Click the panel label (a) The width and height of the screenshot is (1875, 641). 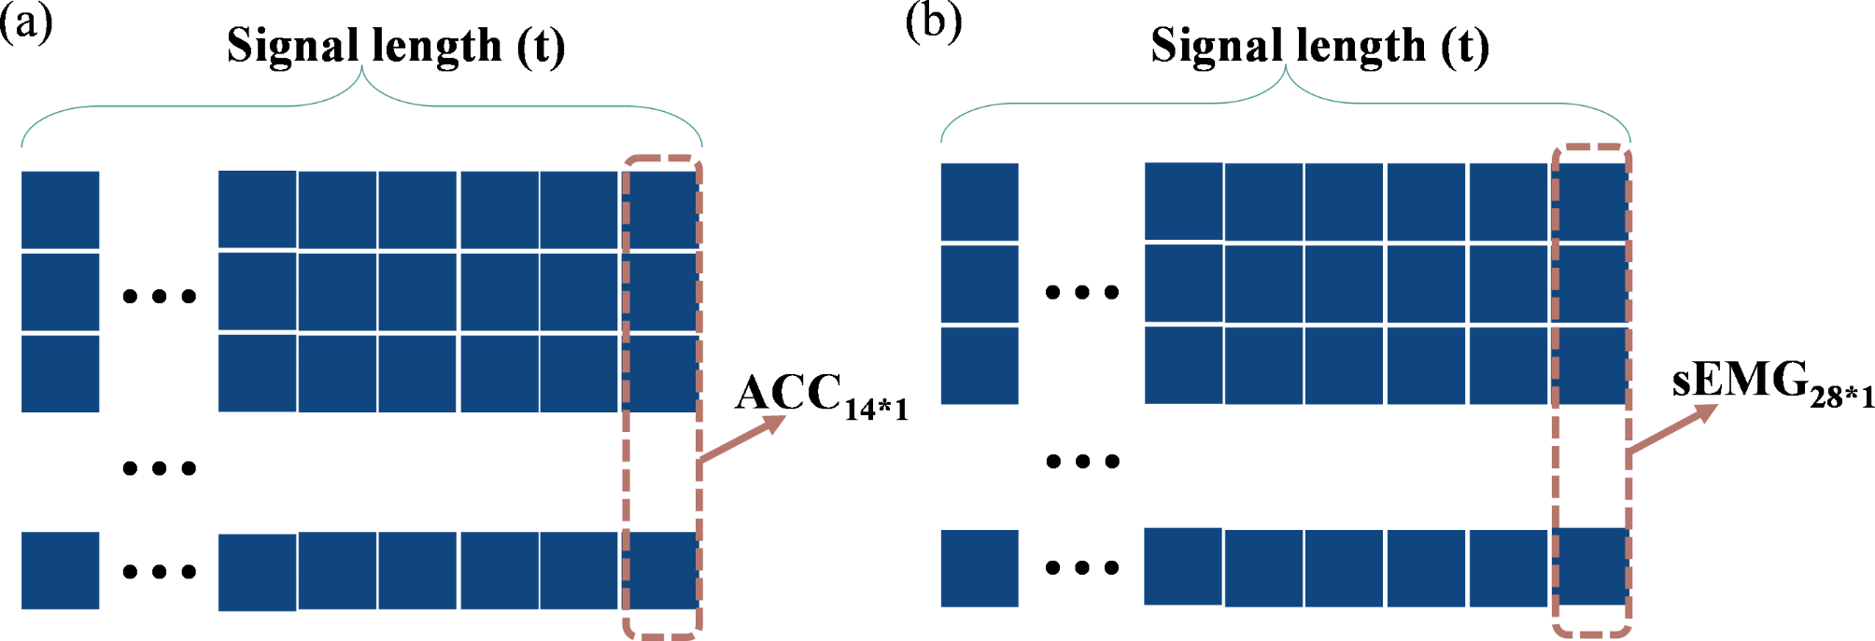pyautogui.click(x=25, y=22)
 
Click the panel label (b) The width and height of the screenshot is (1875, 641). pyautogui.click(x=933, y=22)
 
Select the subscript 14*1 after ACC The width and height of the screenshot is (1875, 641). pyautogui.click(x=876, y=409)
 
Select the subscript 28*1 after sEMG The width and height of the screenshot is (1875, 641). pyautogui.click(x=1841, y=397)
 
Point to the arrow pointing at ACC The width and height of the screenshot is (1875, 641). pyautogui.click(x=742, y=439)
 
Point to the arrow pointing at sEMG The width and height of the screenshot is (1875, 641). pyautogui.click(x=1671, y=429)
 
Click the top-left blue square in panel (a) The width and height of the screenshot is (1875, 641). pyautogui.click(x=60, y=210)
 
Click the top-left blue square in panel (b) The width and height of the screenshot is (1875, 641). pyautogui.click(x=979, y=202)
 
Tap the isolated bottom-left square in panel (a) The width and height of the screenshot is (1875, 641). pyautogui.click(x=60, y=570)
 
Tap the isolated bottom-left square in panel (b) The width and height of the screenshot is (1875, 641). pyautogui.click(x=979, y=567)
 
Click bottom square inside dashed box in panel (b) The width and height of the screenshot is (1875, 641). pyautogui.click(x=1591, y=565)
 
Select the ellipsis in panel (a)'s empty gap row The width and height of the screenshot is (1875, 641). pyautogui.click(x=160, y=467)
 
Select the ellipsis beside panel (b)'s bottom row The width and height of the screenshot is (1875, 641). pyautogui.click(x=1082, y=567)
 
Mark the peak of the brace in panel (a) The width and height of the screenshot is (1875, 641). pyautogui.click(x=361, y=70)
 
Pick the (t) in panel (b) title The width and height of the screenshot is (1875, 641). pyautogui.click(x=1464, y=46)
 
